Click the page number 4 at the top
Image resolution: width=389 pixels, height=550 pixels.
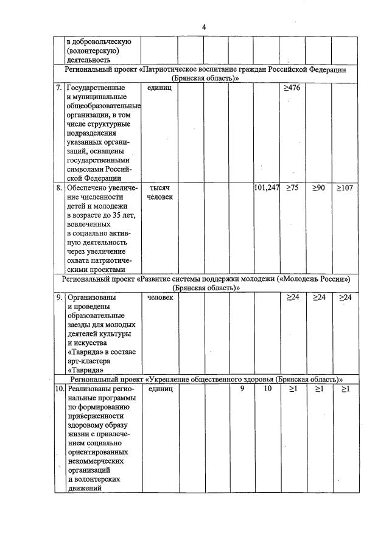pos(204,27)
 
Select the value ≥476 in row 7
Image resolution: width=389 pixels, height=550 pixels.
pos(292,88)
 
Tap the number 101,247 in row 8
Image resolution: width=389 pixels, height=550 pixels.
pos(266,188)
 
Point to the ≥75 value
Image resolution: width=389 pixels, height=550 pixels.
pos(292,188)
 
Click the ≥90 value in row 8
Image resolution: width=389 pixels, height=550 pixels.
pos(318,188)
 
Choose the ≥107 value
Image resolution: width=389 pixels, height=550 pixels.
pos(344,188)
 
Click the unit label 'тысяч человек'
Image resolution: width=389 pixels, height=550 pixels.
pos(159,192)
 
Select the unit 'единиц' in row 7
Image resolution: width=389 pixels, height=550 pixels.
pos(159,88)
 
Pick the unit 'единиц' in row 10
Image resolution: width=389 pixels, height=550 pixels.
pos(160,388)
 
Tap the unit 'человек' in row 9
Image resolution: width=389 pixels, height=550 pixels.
pos(159,298)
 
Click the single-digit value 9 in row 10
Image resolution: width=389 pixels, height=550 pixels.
pos(242,388)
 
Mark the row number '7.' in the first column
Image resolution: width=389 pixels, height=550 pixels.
pos(59,88)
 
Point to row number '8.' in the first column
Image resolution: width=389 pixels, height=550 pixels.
pos(59,188)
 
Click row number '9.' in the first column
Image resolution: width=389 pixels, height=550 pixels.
pos(59,298)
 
